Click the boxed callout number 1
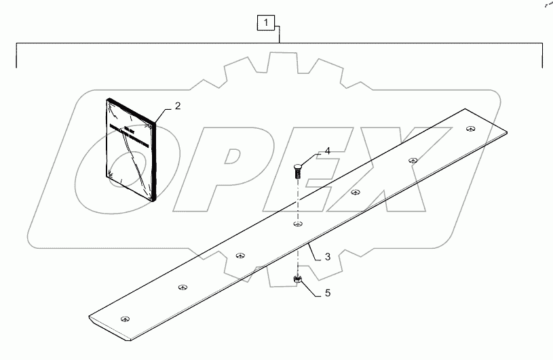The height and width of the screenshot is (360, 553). [x=266, y=23]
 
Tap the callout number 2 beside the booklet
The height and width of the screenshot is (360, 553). [x=177, y=106]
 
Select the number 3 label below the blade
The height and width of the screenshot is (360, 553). [x=327, y=257]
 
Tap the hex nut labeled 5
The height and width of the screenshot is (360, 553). [x=297, y=279]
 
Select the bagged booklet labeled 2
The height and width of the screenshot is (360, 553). [x=131, y=149]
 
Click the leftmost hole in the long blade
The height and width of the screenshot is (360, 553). [x=123, y=319]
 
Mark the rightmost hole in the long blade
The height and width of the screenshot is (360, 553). [x=470, y=128]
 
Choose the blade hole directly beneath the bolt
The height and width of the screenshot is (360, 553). [x=297, y=223]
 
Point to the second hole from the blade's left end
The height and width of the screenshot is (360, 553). [x=181, y=287]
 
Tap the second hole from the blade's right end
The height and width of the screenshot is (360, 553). [x=413, y=160]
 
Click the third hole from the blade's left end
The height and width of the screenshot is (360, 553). [x=240, y=255]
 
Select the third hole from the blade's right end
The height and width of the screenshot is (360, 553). [x=355, y=192]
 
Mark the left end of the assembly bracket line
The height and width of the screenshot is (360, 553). [x=16, y=66]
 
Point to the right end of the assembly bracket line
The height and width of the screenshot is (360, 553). [x=542, y=66]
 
